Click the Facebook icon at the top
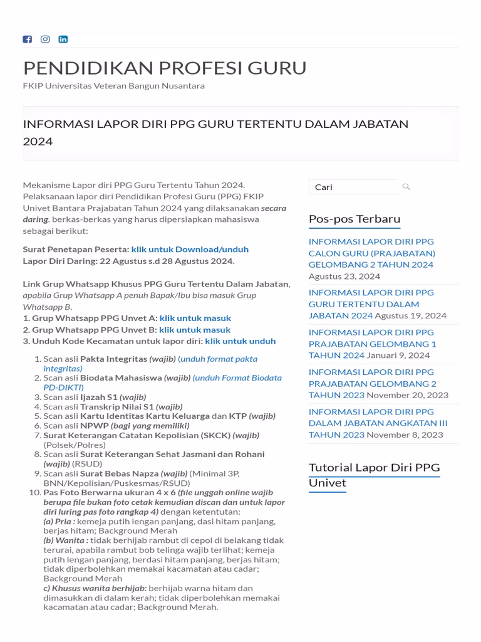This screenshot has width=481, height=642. tap(27, 39)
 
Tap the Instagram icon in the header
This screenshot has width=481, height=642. tap(45, 39)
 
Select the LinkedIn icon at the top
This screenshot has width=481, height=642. tap(63, 39)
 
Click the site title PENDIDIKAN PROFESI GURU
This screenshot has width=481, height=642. tap(165, 68)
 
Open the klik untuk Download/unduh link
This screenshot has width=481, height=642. tap(190, 249)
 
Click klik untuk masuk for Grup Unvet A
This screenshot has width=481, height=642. tap(195, 318)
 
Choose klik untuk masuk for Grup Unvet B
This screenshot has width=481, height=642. tap(195, 330)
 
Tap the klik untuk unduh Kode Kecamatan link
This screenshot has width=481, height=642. tap(240, 341)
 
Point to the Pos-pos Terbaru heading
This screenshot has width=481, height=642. tap(354, 219)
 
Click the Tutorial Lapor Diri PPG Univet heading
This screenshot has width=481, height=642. tap(374, 475)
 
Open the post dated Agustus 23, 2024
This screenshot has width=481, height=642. tap(371, 253)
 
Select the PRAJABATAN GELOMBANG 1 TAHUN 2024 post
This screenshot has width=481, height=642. tap(372, 344)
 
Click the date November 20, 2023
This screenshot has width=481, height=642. tap(407, 395)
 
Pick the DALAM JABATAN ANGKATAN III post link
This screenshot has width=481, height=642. tap(378, 423)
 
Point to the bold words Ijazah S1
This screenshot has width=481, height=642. tap(99, 397)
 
